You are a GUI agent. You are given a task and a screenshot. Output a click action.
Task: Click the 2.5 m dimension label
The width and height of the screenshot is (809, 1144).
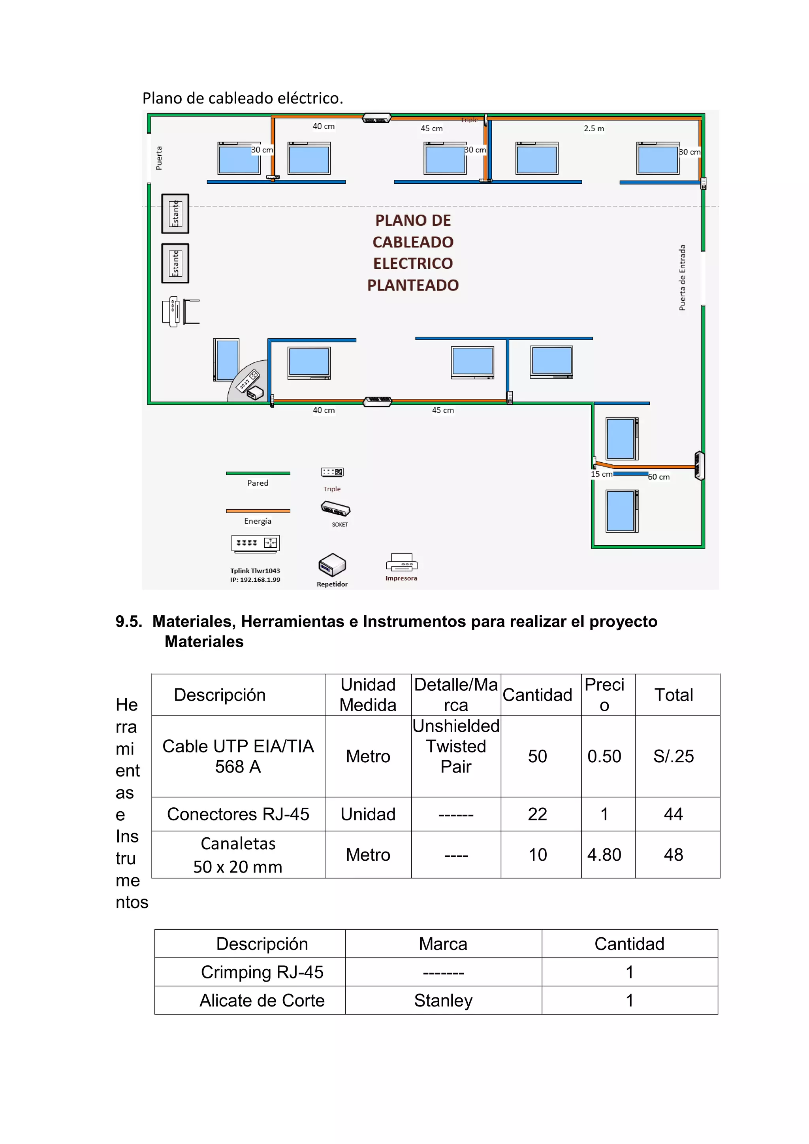pos(594,128)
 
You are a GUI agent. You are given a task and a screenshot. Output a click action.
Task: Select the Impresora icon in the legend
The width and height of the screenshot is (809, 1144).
pos(401,563)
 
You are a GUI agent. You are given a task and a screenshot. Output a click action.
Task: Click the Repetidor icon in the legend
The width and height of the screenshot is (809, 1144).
pos(332,565)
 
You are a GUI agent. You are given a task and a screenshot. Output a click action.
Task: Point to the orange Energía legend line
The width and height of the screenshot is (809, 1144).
pos(258,511)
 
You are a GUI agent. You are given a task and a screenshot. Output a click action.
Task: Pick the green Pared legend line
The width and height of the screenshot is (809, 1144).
pos(258,473)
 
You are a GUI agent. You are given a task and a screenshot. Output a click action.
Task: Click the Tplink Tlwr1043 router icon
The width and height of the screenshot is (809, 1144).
pos(256,544)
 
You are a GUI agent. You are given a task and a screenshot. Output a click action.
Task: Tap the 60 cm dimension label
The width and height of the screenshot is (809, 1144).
pos(659,477)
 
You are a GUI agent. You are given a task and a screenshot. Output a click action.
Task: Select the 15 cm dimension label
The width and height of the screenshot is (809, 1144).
pos(601,474)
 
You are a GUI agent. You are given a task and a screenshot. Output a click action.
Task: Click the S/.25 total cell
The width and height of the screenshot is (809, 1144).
pos(674,756)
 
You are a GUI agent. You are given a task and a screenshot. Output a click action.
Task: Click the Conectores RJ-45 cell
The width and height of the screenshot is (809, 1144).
pos(238,814)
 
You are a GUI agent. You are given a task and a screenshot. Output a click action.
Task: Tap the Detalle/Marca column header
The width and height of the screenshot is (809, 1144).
pos(456,695)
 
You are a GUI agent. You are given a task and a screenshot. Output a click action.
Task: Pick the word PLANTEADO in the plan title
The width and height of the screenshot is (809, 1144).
pos(413,285)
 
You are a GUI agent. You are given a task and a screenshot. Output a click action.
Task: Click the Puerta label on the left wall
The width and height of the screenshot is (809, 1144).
pos(159,158)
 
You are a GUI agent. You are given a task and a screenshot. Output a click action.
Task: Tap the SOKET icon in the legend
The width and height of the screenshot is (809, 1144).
pos(336,509)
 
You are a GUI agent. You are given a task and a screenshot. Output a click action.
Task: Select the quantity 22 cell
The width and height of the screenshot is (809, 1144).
pos(538,814)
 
